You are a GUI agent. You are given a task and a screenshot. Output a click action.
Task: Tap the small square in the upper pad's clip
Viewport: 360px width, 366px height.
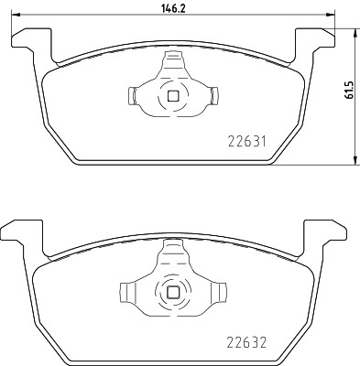click(172, 95)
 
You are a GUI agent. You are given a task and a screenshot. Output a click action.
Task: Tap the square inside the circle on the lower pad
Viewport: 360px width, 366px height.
click(172, 292)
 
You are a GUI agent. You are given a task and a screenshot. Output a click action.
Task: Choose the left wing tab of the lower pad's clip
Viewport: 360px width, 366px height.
click(129, 293)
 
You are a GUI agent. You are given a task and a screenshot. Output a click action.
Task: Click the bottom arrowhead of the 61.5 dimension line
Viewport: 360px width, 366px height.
click(354, 162)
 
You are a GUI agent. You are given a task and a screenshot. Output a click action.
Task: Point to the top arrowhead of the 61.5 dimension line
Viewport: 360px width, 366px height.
click(354, 30)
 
